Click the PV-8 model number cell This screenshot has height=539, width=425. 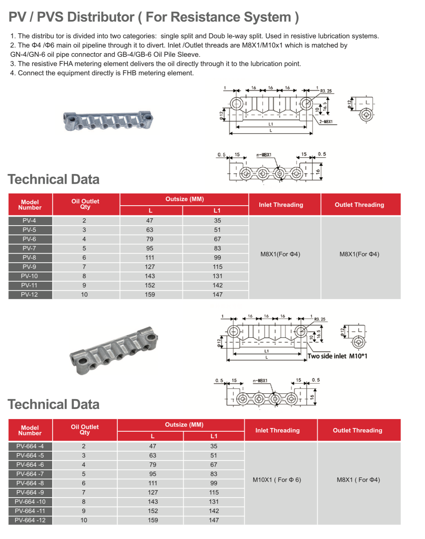pyautogui.click(x=29, y=258)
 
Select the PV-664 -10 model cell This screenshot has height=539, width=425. pyautogui.click(x=30, y=502)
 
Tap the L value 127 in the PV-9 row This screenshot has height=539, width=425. pyautogui.click(x=150, y=267)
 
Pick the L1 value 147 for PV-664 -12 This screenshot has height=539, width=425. pyautogui.click(x=214, y=520)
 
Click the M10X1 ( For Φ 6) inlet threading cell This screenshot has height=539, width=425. pyautogui.click(x=277, y=480)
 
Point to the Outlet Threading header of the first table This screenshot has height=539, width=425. pyautogui.click(x=359, y=205)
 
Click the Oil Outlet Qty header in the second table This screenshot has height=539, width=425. pyautogui.click(x=85, y=430)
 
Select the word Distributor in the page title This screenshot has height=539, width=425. pyautogui.click(x=101, y=17)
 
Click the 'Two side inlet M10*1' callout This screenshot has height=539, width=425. pyautogui.click(x=337, y=356)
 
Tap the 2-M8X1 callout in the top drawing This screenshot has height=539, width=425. pyautogui.click(x=326, y=122)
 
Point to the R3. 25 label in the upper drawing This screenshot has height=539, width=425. pyautogui.click(x=326, y=91)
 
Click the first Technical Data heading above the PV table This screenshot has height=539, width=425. pyautogui.click(x=53, y=179)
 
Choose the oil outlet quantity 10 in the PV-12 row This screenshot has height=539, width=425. pyautogui.click(x=84, y=295)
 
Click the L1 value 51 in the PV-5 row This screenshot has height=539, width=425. pyautogui.click(x=217, y=230)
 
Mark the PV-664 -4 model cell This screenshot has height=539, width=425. pyautogui.click(x=30, y=446)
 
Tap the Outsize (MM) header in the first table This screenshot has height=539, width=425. pyautogui.click(x=184, y=199)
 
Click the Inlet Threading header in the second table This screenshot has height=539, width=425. pyautogui.click(x=277, y=430)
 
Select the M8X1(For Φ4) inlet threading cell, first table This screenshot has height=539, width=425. pyautogui.click(x=280, y=254)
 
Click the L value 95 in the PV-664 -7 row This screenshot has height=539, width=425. pyautogui.click(x=153, y=474)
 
